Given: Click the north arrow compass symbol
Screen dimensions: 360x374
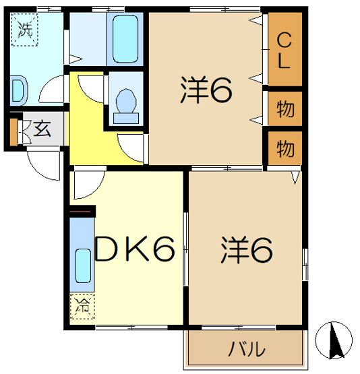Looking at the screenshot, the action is coord(334,340).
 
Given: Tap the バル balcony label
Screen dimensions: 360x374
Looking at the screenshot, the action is coord(247,349).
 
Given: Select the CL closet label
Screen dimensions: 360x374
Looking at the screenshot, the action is coord(284,51).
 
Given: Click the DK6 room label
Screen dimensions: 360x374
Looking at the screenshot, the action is coord(135,249).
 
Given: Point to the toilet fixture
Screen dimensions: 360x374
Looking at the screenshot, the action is coord(126,106).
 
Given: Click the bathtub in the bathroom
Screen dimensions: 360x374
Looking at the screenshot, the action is coord(125,39).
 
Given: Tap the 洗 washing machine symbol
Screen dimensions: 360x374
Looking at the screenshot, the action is coord(25,30).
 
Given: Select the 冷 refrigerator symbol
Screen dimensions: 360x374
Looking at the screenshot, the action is coord(82,306).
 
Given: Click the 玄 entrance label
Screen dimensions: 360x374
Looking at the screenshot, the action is coord(42,129).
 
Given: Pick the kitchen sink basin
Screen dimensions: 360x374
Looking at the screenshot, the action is coord(84,266).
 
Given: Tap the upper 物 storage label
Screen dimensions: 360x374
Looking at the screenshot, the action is coord(285,109).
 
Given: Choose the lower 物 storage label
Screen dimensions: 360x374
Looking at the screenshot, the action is coord(285,149).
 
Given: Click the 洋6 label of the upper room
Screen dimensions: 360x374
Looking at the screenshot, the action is coord(206,90).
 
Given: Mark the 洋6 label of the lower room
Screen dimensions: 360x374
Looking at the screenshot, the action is coord(246,249).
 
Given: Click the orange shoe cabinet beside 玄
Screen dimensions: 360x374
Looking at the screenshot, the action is coord(13,132).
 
